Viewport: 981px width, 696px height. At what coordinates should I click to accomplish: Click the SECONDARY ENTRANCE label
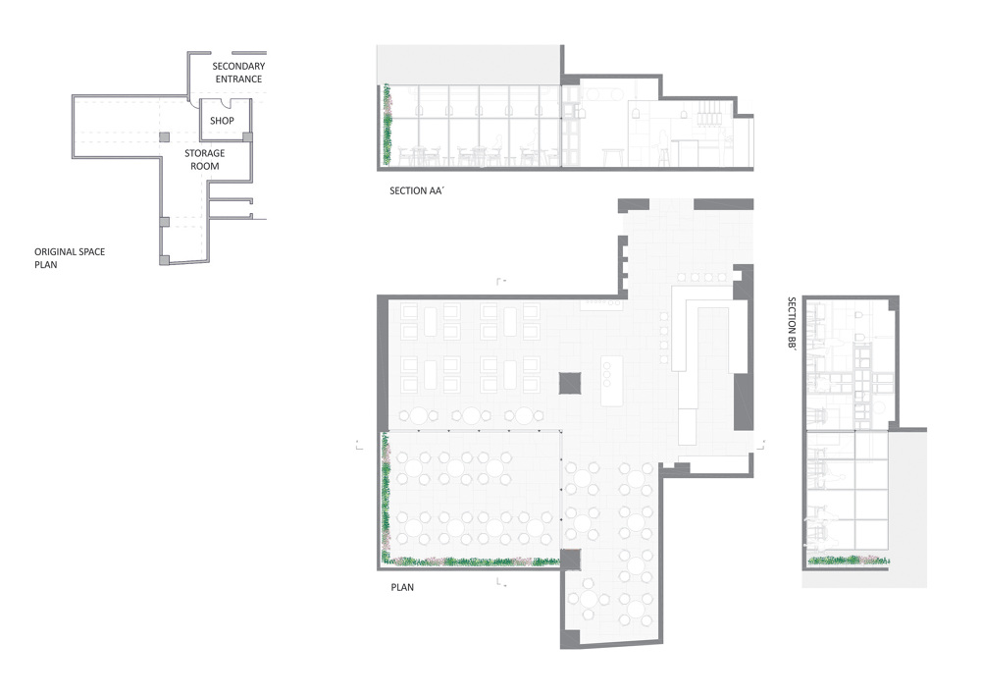(238, 73)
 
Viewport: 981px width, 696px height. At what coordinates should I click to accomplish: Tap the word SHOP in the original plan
(222, 121)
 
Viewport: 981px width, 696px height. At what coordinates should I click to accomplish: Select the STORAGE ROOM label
(205, 160)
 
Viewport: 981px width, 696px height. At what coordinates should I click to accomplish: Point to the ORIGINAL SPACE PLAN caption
(70, 258)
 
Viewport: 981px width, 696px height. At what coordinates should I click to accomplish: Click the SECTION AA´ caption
(416, 190)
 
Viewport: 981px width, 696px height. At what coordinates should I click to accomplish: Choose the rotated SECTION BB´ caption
(792, 323)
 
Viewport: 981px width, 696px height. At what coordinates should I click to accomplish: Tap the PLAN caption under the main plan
(402, 587)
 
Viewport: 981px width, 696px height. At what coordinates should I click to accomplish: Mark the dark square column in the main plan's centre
(570, 383)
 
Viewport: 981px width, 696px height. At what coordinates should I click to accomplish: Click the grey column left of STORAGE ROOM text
(164, 137)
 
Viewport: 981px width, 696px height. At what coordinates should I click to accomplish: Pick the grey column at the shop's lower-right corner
(248, 137)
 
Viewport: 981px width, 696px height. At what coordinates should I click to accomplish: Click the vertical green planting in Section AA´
(387, 124)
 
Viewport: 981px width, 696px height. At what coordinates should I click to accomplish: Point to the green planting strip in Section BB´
(849, 561)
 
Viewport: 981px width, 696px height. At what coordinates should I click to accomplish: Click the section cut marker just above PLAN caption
(500, 583)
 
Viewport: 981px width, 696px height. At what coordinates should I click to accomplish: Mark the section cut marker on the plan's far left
(359, 445)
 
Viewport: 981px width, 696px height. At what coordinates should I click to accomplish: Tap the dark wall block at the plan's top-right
(723, 204)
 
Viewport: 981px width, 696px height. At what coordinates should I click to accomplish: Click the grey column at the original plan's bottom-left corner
(164, 260)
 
